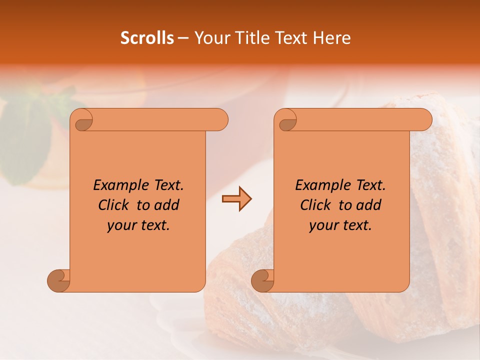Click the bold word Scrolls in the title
click(147, 38)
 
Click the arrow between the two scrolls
click(236, 199)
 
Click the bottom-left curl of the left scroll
click(59, 280)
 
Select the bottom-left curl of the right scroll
click(262, 280)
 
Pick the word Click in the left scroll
click(113, 205)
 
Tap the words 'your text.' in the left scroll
click(138, 225)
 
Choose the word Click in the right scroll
click(315, 205)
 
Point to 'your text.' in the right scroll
click(340, 225)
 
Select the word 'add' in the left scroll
click(167, 205)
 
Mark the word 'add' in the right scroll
click(369, 205)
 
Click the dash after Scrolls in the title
click(183, 38)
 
